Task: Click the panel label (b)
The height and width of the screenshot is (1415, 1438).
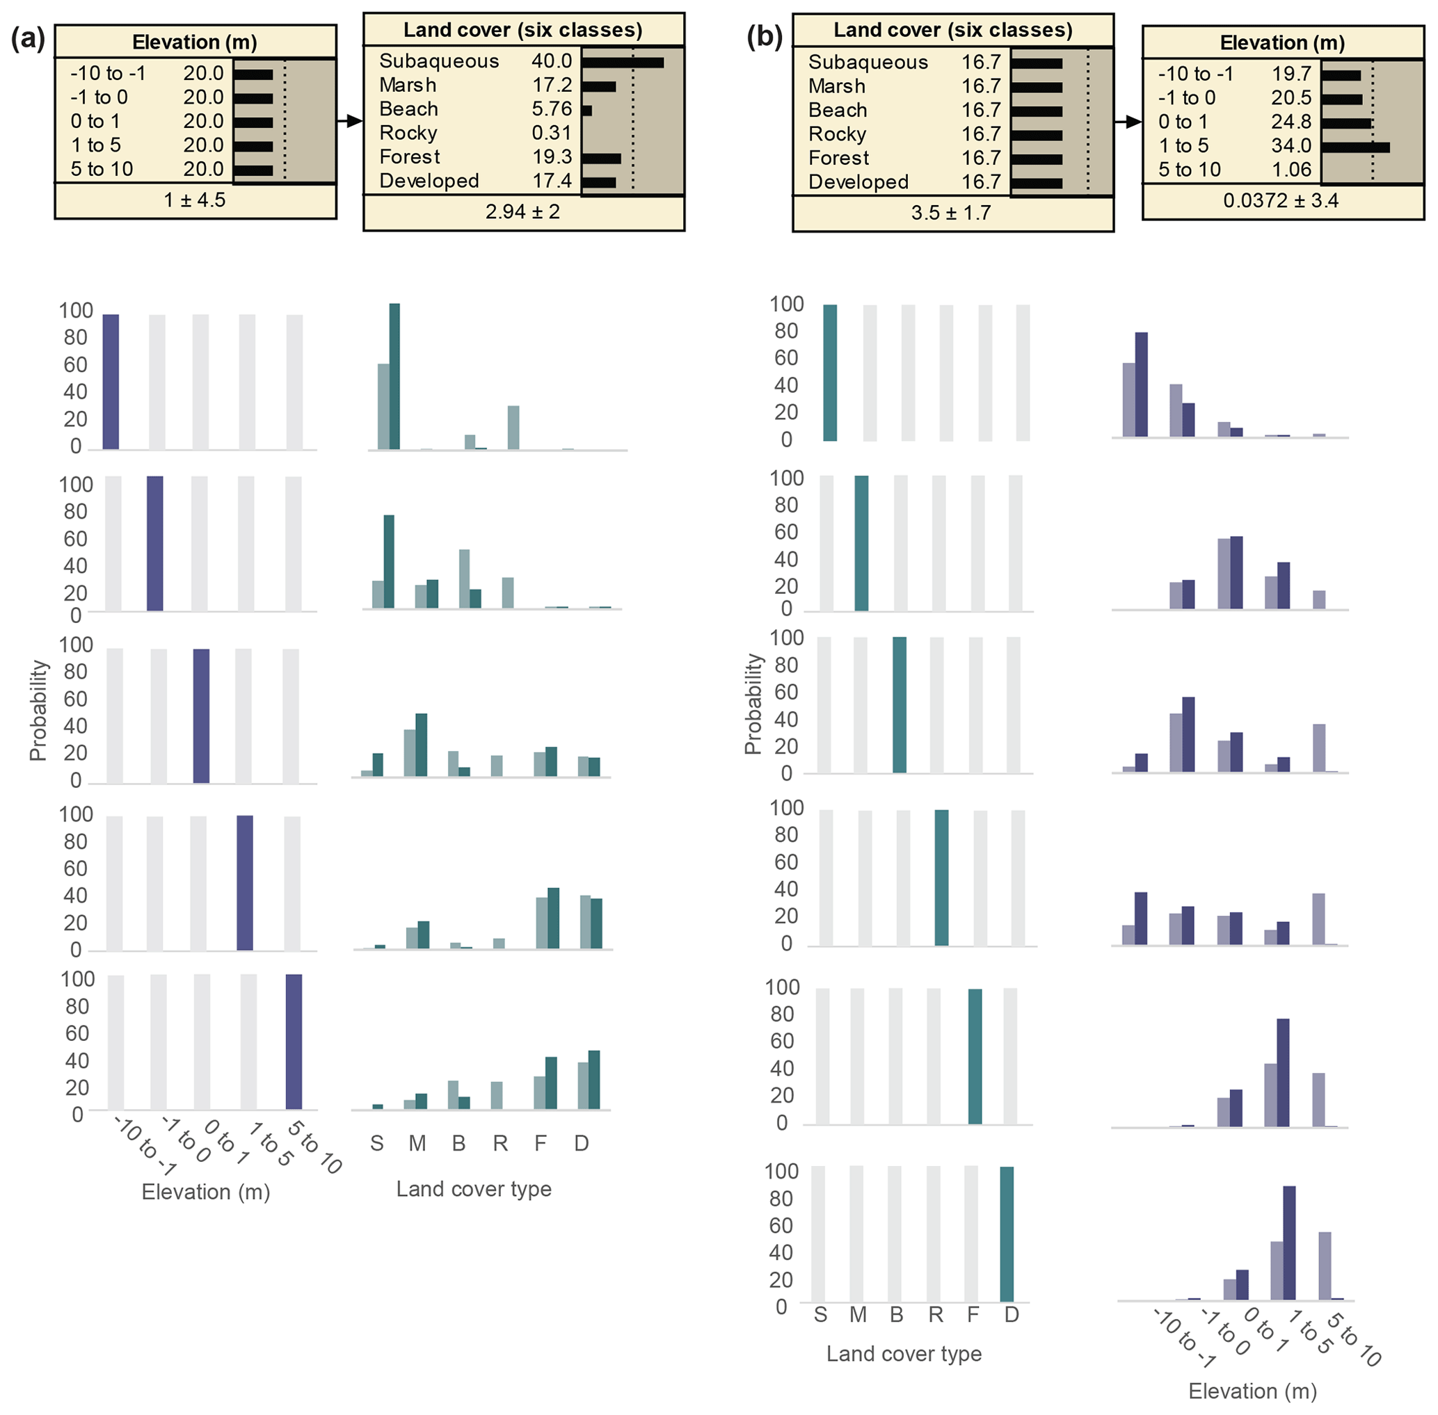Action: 765,37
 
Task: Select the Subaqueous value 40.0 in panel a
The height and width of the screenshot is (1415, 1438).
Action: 551,61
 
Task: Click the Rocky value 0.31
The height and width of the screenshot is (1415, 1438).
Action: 551,133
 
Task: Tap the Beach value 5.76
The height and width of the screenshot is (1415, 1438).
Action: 551,109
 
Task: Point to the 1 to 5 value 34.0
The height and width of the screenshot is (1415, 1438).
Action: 1291,145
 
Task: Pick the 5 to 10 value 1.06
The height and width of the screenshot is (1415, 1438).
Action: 1291,170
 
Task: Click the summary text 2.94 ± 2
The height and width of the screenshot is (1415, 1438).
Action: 522,212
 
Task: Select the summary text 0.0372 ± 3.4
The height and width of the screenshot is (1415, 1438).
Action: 1281,201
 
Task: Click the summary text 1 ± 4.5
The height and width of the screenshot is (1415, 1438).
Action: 195,200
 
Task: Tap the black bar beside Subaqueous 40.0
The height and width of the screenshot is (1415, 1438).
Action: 623,63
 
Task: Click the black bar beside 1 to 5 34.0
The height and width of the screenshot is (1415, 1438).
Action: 1355,147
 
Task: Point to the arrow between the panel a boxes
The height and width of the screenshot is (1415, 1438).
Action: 349,121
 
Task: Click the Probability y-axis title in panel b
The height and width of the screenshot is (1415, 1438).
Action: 753,704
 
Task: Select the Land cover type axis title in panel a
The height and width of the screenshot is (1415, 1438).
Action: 474,1188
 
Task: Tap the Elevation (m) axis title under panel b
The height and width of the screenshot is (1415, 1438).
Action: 1252,1391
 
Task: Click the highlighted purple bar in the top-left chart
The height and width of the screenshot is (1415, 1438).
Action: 111,381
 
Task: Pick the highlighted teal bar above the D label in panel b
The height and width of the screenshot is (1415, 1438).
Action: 1007,1234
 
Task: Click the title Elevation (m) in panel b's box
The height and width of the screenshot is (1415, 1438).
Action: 1282,43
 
